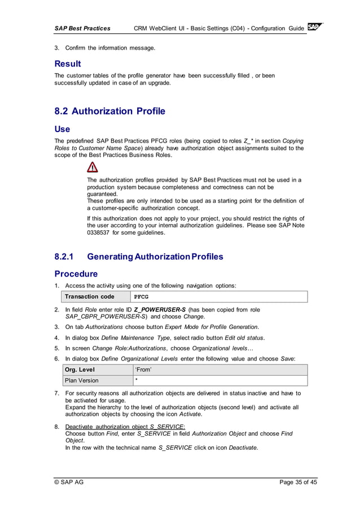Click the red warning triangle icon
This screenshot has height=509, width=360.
(x=93, y=166)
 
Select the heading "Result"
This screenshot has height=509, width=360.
(x=68, y=64)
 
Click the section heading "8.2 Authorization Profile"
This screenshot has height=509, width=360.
(x=109, y=111)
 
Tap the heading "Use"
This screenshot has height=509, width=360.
(x=62, y=129)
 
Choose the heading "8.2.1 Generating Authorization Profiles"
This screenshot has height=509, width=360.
(x=139, y=257)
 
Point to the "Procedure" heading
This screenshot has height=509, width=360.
(x=76, y=274)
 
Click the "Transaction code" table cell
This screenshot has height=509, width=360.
(x=90, y=297)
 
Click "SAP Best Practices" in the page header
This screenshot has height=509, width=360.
(x=82, y=28)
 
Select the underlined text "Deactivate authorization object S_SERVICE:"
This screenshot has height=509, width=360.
(x=126, y=427)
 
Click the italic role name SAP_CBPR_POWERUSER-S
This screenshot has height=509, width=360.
(x=107, y=317)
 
